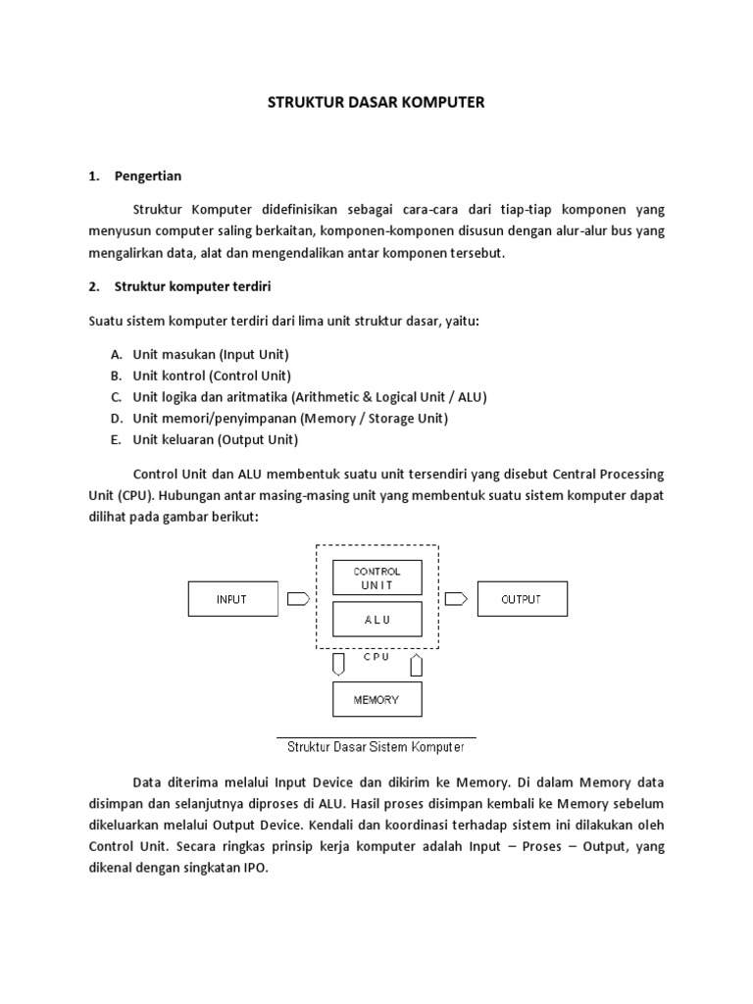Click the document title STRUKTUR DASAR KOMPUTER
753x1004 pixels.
pyautogui.click(x=376, y=102)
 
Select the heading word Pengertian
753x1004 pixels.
pyautogui.click(x=148, y=176)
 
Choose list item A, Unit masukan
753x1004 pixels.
pyautogui.click(x=211, y=354)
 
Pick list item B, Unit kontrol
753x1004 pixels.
pyautogui.click(x=212, y=376)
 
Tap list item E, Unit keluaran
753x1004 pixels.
pyautogui.click(x=215, y=440)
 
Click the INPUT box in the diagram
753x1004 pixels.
pyautogui.click(x=231, y=599)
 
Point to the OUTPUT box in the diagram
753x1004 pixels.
pyautogui.click(x=521, y=599)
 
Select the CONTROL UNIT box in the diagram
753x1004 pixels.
pyautogui.click(x=376, y=577)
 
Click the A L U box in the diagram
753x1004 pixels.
pyautogui.click(x=376, y=620)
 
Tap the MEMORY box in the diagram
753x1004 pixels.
pyautogui.click(x=376, y=700)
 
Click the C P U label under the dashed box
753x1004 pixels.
pyautogui.click(x=376, y=657)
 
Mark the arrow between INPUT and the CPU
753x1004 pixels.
pyautogui.click(x=300, y=598)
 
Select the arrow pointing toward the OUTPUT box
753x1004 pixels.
pyautogui.click(x=455, y=598)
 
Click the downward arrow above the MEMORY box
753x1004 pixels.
pyautogui.click(x=338, y=666)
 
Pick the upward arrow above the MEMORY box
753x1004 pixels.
pyautogui.click(x=416, y=666)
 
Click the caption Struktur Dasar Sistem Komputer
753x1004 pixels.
pyautogui.click(x=376, y=747)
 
